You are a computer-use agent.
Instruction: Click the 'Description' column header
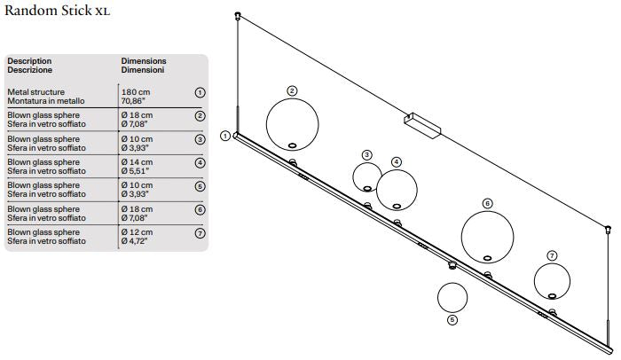[29, 61]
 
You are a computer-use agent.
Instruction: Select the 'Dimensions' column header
[144, 61]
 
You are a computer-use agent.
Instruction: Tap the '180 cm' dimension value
[136, 91]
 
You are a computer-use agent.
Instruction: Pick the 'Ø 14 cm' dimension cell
[138, 162]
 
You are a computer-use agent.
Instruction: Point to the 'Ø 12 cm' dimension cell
[138, 231]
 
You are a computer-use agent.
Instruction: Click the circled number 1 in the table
[200, 92]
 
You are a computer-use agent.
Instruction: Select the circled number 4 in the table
[200, 163]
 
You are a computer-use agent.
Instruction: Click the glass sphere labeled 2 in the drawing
[293, 124]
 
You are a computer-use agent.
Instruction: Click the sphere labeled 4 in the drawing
[397, 187]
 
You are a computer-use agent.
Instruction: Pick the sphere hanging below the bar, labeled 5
[452, 299]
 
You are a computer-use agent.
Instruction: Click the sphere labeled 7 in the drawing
[553, 281]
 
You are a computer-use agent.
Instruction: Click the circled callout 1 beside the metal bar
[225, 136]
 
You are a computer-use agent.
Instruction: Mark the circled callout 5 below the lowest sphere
[452, 321]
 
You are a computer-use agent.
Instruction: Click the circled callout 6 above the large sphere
[487, 203]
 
